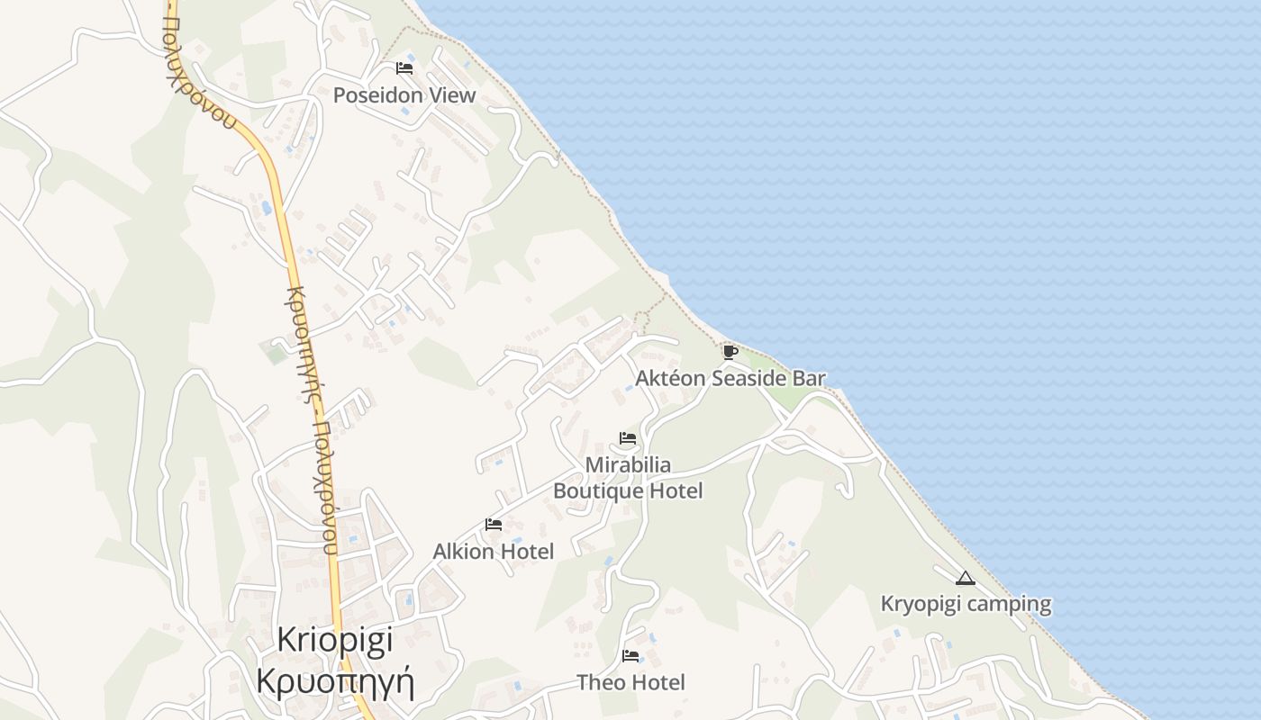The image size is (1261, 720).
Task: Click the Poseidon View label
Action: pos(404,95)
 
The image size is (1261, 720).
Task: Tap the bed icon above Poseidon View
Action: pos(404,68)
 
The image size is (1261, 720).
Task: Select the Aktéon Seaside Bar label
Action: pos(730,378)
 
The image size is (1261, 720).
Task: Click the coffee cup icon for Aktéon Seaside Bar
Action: pos(730,351)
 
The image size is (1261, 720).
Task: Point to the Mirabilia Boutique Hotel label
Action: pos(628,478)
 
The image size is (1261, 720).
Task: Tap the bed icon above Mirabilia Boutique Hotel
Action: pos(628,438)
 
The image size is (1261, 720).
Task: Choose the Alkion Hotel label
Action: pos(494,551)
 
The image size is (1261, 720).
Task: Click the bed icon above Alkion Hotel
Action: pos(494,524)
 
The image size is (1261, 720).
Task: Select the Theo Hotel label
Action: pos(630,682)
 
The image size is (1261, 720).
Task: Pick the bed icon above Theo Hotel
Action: pos(630,655)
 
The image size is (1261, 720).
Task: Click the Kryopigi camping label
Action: pos(966,604)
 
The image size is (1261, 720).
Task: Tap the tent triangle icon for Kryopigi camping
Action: pos(966,578)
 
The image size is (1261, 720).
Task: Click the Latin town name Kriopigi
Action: pos(335,639)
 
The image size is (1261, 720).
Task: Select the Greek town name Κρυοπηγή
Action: pos(335,680)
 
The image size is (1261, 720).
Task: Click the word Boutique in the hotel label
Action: pos(597,490)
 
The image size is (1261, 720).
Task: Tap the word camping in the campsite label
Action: pos(1010,604)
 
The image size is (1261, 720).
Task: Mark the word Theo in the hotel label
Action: pos(600,682)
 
